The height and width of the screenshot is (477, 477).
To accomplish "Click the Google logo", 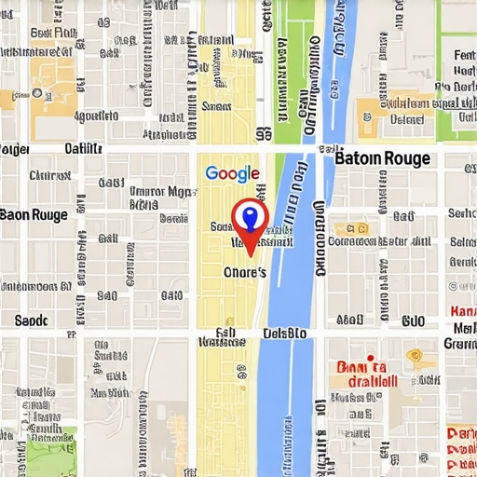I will click(232, 173).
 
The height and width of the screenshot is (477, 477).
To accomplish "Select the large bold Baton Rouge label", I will click(382, 157).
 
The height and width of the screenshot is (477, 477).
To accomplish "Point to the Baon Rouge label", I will click(34, 214).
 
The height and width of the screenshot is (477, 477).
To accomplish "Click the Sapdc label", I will click(31, 320).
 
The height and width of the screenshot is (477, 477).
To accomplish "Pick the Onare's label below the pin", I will click(245, 271).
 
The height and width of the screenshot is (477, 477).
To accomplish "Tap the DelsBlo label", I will click(284, 333).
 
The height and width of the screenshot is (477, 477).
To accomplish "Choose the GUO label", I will click(413, 320).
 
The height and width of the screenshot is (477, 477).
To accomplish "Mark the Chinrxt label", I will click(49, 174).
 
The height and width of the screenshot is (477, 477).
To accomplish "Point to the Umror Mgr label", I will click(160, 191).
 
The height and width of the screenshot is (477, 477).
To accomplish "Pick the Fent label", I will click(463, 55).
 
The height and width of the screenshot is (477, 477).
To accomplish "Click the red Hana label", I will click(462, 310).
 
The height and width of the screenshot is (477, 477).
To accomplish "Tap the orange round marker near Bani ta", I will click(415, 356).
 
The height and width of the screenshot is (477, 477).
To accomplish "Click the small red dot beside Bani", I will click(370, 357).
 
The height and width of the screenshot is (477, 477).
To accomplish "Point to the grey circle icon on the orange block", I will click(37, 92).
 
